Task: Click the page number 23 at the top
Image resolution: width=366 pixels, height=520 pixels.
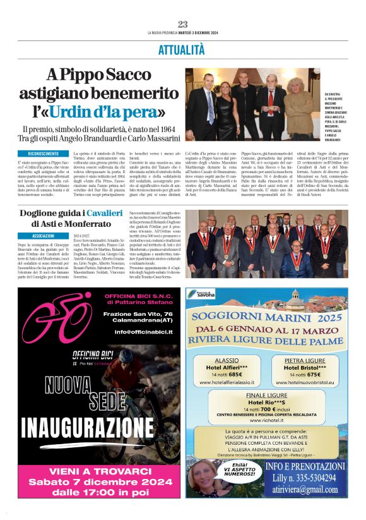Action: (183, 24)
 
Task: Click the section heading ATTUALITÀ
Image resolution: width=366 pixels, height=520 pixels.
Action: (182, 49)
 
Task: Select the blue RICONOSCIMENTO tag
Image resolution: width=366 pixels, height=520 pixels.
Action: (43, 154)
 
